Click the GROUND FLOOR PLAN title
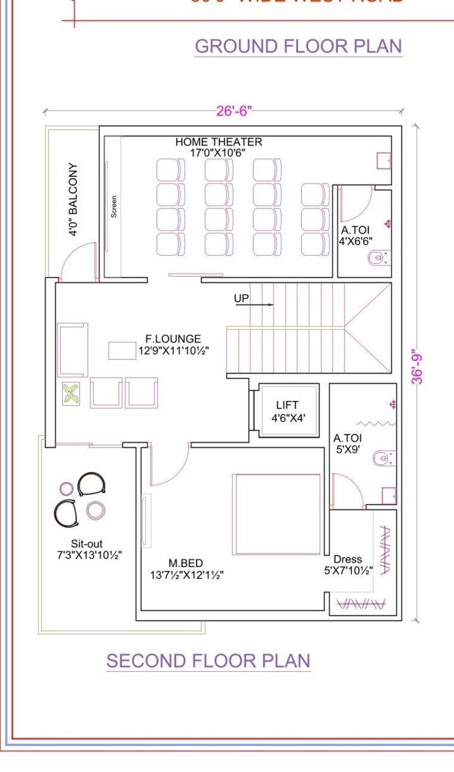pyautogui.click(x=298, y=46)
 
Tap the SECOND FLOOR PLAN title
pyautogui.click(x=208, y=660)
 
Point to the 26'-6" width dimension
pyautogui.click(x=234, y=111)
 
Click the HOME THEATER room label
pyautogui.click(x=219, y=142)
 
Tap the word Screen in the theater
pyautogui.click(x=114, y=206)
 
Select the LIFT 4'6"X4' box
pyautogui.click(x=287, y=411)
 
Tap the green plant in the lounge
pyautogui.click(x=71, y=394)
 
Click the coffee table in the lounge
pyautogui.click(x=122, y=350)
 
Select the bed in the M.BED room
pyautogui.click(x=277, y=514)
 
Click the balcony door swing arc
pyautogui.click(x=78, y=261)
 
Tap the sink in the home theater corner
pyautogui.click(x=384, y=161)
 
